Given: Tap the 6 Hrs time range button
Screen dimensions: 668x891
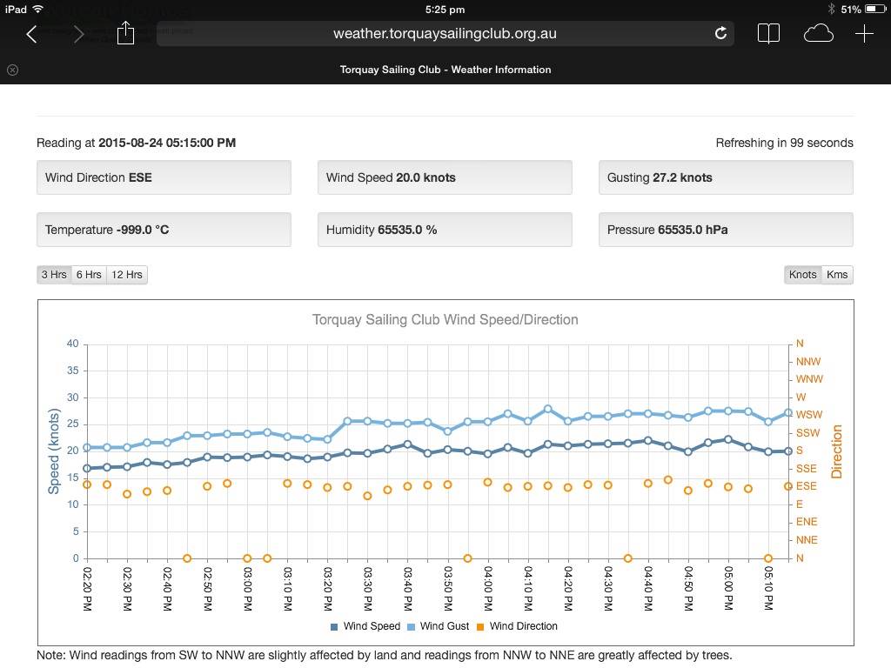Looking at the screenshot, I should (x=89, y=275).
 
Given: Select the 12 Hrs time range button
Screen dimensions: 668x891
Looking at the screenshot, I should (x=127, y=275).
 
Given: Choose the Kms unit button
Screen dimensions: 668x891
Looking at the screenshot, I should (x=837, y=275).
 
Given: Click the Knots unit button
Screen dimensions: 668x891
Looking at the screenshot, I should (x=802, y=275).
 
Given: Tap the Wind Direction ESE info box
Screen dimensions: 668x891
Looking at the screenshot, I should (x=164, y=177).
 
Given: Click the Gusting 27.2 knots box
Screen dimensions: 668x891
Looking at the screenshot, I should (x=726, y=177).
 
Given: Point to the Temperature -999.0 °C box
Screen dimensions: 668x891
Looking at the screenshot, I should (x=164, y=230).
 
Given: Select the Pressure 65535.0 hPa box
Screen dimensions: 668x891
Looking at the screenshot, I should (x=726, y=230).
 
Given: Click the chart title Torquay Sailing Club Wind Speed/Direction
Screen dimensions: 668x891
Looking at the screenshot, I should (x=445, y=319).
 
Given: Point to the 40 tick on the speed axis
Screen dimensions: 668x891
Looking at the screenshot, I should (x=72, y=344).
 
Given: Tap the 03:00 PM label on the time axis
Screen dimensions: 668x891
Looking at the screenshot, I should (x=248, y=589).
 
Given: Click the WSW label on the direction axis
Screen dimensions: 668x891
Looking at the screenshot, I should (x=808, y=415).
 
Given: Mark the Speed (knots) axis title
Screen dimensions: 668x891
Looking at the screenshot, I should (x=54, y=451).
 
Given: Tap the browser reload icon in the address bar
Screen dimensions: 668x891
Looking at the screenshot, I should (x=720, y=33).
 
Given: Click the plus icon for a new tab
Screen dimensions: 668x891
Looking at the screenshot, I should (x=864, y=34).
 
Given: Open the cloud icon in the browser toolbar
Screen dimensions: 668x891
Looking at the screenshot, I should (x=818, y=34).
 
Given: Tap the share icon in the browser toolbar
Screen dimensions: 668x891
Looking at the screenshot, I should (x=125, y=33).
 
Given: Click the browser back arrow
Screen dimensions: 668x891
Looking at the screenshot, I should (x=32, y=34).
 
